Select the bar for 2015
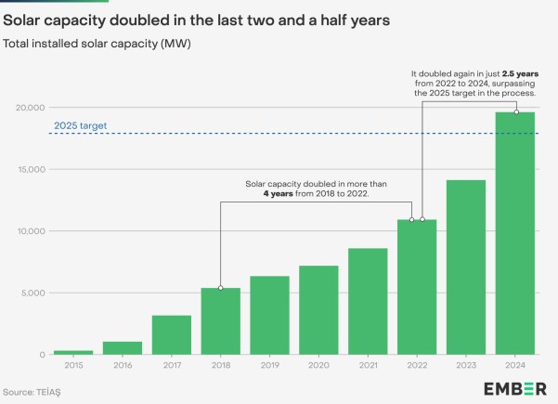pyautogui.click(x=73, y=352)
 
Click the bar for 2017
pyautogui.click(x=172, y=335)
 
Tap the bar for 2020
pyautogui.click(x=318, y=310)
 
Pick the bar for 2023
pyautogui.click(x=466, y=267)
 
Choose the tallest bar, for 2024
pyautogui.click(x=515, y=233)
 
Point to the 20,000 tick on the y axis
pyautogui.click(x=31, y=108)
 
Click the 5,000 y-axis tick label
pyautogui.click(x=33, y=293)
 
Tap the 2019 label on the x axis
pyautogui.click(x=270, y=365)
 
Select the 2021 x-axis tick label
pyautogui.click(x=368, y=365)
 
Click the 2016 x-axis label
pyautogui.click(x=123, y=365)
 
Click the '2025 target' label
pyautogui.click(x=81, y=125)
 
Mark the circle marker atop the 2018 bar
pyautogui.click(x=221, y=288)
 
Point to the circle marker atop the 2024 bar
pyautogui.click(x=517, y=112)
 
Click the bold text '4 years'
pyautogui.click(x=278, y=193)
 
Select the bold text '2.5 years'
pyautogui.click(x=520, y=73)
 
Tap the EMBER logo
pyautogui.click(x=515, y=389)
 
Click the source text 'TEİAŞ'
pyautogui.click(x=48, y=392)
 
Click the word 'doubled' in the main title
pyautogui.click(x=140, y=20)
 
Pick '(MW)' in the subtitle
pyautogui.click(x=175, y=44)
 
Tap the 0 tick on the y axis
pyautogui.click(x=43, y=355)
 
